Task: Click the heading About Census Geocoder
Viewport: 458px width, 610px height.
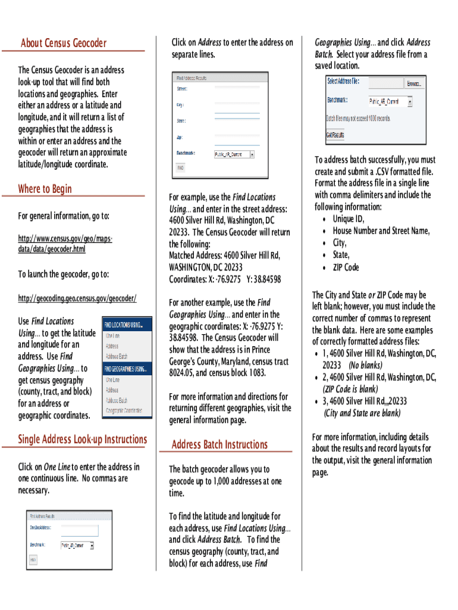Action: tap(64, 43)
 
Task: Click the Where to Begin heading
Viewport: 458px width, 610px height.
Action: tap(45, 189)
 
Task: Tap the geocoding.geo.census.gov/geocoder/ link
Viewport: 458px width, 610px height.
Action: tap(77, 298)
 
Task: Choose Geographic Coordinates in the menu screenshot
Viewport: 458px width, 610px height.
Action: tap(124, 410)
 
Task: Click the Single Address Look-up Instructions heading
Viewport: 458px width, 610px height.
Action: tap(82, 440)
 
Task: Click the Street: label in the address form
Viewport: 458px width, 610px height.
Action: tap(182, 89)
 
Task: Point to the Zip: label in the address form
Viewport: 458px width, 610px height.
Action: tap(180, 137)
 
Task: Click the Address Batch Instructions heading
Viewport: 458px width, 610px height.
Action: tap(219, 444)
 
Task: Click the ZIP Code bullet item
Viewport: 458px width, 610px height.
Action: tap(346, 267)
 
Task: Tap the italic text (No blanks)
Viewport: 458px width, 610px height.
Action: tap(366, 365)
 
